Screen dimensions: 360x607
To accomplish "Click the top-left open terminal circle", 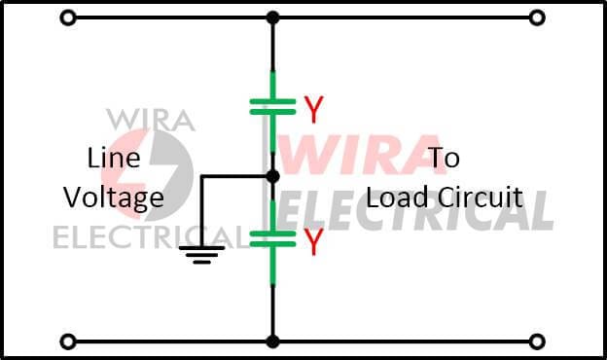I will click(x=67, y=18).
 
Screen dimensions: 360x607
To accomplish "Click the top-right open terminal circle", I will click(x=536, y=18).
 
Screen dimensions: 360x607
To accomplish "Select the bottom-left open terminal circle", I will click(x=67, y=342).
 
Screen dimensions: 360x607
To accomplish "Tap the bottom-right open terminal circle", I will click(x=536, y=342).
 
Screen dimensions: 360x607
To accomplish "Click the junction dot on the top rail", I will click(x=272, y=18).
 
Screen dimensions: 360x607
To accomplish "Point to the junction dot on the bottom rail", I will click(x=272, y=342).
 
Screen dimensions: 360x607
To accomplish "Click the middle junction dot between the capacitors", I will click(x=272, y=176).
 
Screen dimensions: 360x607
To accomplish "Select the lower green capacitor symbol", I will click(x=272, y=237).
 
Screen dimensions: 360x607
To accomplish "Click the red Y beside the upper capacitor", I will click(x=312, y=110).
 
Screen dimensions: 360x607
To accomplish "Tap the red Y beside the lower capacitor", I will click(x=312, y=243).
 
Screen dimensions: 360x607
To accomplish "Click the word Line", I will click(x=114, y=158).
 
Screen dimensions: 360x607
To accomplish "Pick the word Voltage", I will click(x=114, y=198).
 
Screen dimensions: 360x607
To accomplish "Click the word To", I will click(x=444, y=158).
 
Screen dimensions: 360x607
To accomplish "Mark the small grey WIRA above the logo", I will click(x=150, y=119).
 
